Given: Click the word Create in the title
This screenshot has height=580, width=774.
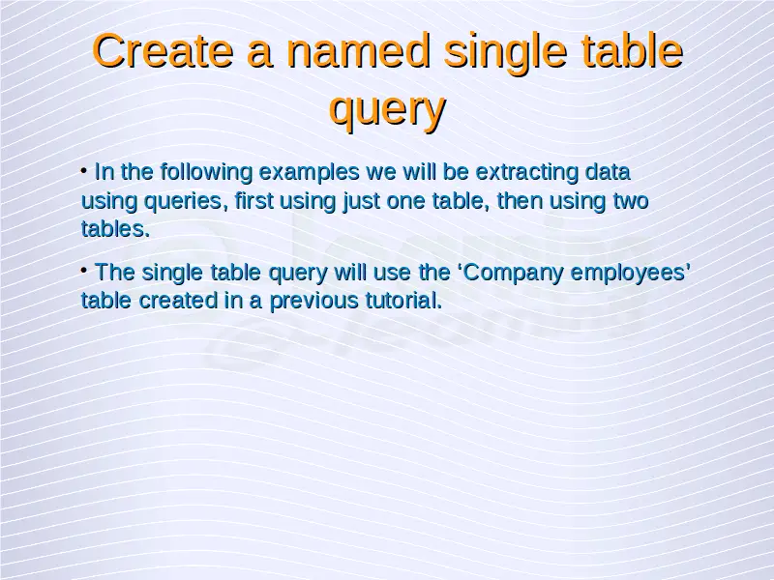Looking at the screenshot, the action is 163,50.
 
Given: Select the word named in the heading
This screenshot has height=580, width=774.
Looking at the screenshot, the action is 358,50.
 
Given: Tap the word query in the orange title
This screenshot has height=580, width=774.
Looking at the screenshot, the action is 388,109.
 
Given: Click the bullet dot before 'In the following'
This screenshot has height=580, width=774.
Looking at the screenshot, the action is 84,171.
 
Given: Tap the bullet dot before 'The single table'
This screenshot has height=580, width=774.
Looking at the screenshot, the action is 84,271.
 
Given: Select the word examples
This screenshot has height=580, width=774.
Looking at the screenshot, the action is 309,173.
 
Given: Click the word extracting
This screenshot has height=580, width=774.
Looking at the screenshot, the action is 526,172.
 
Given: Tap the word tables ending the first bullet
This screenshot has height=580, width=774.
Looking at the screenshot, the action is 115,229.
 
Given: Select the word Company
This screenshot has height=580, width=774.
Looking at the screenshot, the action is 514,274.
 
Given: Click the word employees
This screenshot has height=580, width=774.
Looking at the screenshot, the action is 628,274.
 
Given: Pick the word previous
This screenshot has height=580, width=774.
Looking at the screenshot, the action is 313,302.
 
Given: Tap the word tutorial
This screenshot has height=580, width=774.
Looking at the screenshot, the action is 403,301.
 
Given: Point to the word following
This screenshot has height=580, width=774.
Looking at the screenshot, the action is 206,173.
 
